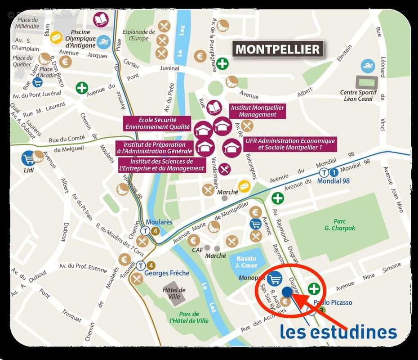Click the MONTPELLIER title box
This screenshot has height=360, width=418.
click(x=278, y=49)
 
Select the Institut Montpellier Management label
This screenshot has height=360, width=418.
click(x=258, y=111)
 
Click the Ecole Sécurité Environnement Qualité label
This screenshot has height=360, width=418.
click(x=157, y=124)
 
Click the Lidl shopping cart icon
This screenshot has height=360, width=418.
click(x=29, y=157)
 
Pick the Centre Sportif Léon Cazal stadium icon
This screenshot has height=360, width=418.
click(x=367, y=82)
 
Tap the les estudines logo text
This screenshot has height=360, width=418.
click(x=338, y=332)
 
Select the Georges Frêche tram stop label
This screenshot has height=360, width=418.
click(x=166, y=273)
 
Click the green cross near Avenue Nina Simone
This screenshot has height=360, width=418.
click(x=314, y=289)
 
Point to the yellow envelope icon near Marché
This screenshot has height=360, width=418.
click(x=245, y=186)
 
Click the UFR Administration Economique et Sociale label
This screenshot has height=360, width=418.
click(x=290, y=144)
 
